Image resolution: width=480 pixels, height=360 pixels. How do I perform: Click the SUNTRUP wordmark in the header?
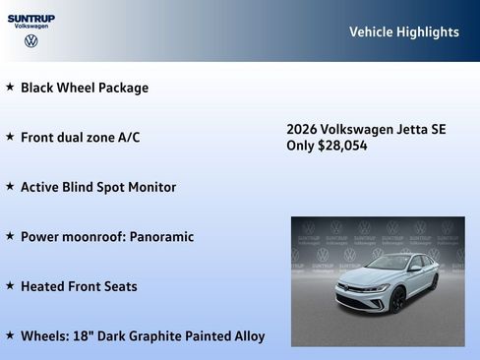pos(31,18)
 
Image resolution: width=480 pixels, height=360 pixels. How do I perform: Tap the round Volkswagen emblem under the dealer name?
pos(31,41)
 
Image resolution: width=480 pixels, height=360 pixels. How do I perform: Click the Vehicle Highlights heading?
pos(403,32)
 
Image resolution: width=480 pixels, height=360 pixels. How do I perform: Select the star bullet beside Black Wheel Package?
pos(10,87)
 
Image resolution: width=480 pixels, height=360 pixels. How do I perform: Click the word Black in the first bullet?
pos(38,88)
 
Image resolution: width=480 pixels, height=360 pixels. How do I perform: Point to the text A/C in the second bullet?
pos(128,138)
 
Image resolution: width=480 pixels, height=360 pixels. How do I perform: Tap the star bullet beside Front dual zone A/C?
pos(10,137)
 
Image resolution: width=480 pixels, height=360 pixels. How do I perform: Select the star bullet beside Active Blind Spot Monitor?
pos(10,186)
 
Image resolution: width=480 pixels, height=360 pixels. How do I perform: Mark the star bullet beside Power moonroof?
pos(10,236)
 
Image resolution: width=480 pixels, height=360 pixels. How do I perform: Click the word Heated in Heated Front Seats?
pos(43,287)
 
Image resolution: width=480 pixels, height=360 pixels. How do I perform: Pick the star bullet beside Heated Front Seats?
pos(10,286)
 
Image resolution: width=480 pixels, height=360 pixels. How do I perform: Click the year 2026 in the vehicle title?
pos(303,129)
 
